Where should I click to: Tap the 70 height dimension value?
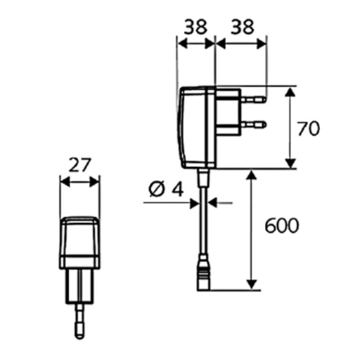point(309,129)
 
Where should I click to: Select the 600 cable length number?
point(281,226)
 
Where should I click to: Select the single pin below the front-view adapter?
point(80,319)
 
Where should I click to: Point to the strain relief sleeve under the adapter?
point(204,179)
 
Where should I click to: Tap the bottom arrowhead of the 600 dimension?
point(252,284)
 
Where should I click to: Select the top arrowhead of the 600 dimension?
point(252,175)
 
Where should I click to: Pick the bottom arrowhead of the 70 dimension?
point(291,163)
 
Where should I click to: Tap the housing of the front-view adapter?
point(80,243)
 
